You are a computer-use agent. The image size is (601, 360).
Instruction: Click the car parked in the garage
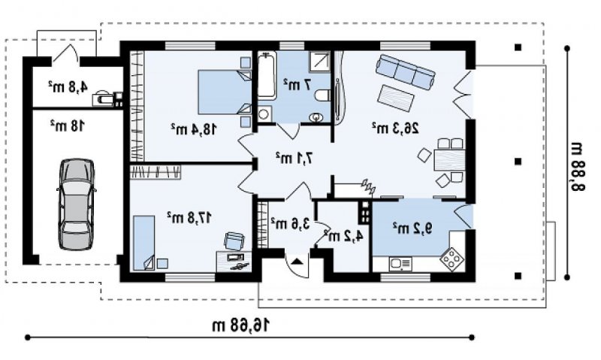point(76,204)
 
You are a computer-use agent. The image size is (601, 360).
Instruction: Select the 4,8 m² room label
point(68,86)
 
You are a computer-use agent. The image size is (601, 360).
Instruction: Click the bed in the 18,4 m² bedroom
point(224,92)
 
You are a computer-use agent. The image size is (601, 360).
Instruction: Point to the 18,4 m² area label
point(194,129)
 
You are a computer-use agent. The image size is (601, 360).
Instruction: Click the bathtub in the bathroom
point(267,76)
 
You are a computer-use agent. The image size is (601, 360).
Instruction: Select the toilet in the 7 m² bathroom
point(322,95)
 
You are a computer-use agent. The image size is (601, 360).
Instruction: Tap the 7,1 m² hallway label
point(294,158)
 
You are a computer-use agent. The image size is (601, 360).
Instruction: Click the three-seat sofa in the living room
point(405,71)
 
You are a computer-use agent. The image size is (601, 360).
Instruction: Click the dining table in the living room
point(449,160)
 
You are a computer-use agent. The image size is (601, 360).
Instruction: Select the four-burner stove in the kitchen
point(452,259)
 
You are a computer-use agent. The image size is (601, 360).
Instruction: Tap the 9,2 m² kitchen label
point(412,228)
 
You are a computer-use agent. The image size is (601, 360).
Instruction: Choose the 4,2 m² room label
point(343,236)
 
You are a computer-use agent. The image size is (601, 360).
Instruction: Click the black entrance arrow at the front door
point(297,262)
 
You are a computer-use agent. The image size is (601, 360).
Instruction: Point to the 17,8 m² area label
point(189,218)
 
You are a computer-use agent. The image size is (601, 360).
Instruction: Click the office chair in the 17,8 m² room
point(234,241)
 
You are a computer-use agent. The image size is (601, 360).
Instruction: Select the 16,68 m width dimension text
point(241,325)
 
